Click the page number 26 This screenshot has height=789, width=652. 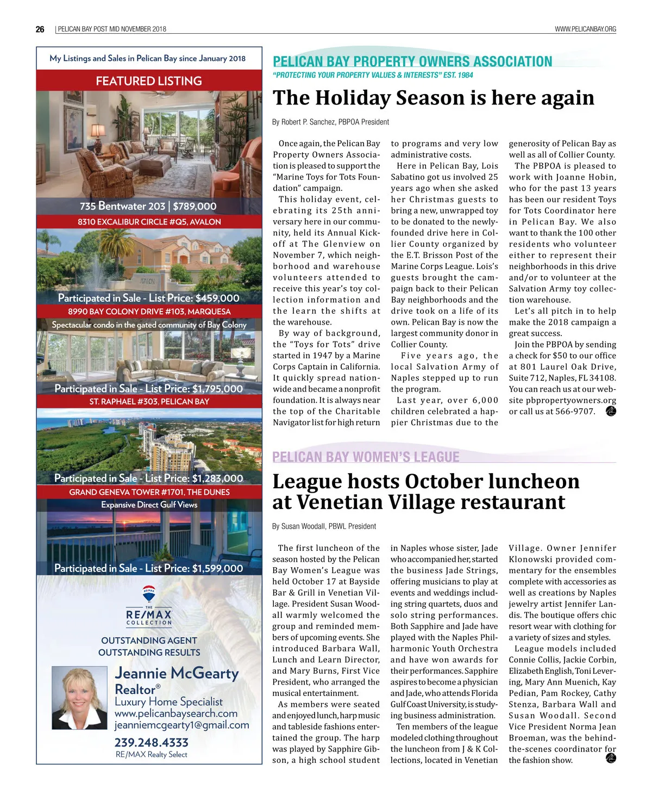click(x=40, y=29)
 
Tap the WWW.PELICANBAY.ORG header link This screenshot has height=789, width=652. click(x=585, y=29)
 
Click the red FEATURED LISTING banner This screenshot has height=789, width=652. click(x=149, y=81)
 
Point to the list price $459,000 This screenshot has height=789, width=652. click(x=217, y=298)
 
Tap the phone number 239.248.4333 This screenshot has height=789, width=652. click(x=152, y=742)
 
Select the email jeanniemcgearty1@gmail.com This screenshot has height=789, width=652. click(x=181, y=725)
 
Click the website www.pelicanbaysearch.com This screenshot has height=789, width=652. click(x=176, y=713)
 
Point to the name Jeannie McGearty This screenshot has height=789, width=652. click(x=177, y=673)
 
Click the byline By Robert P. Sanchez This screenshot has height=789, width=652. click(x=330, y=122)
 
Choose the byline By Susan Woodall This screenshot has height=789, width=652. click(x=324, y=526)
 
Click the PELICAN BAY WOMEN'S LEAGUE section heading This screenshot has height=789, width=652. click(x=366, y=457)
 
